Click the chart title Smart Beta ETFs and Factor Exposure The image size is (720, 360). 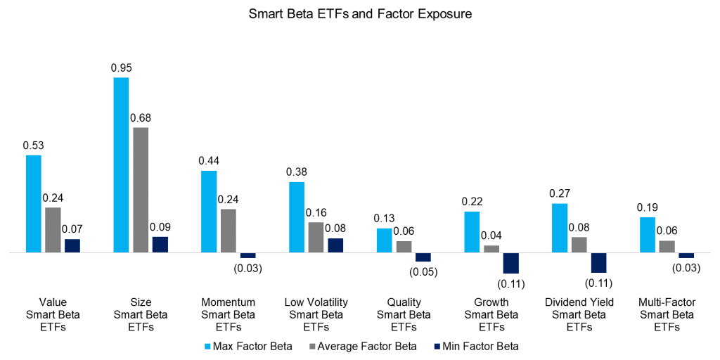pyautogui.click(x=359, y=14)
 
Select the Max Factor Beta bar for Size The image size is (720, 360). pyautogui.click(x=121, y=165)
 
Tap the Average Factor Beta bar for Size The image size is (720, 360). pyautogui.click(x=141, y=189)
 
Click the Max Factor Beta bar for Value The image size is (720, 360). pyautogui.click(x=34, y=203)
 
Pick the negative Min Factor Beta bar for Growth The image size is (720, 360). pyautogui.click(x=510, y=262)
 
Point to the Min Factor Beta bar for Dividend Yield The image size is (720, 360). pyautogui.click(x=598, y=262)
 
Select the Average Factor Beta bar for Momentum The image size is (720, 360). pyautogui.click(x=229, y=230)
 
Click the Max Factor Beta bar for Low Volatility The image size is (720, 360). pyautogui.click(x=297, y=217)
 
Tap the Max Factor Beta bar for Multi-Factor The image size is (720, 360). pyautogui.click(x=648, y=234)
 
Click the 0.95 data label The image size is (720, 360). pyautogui.click(x=121, y=68)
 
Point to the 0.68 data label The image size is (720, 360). pyautogui.click(x=141, y=117)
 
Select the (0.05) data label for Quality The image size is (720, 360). pyautogui.click(x=423, y=272)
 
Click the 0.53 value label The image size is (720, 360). pyautogui.click(x=34, y=146)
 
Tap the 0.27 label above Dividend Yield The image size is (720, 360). pyautogui.click(x=560, y=193)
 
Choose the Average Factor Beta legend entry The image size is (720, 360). pyautogui.click(x=363, y=346)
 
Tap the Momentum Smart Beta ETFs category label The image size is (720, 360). pyautogui.click(x=229, y=315)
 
